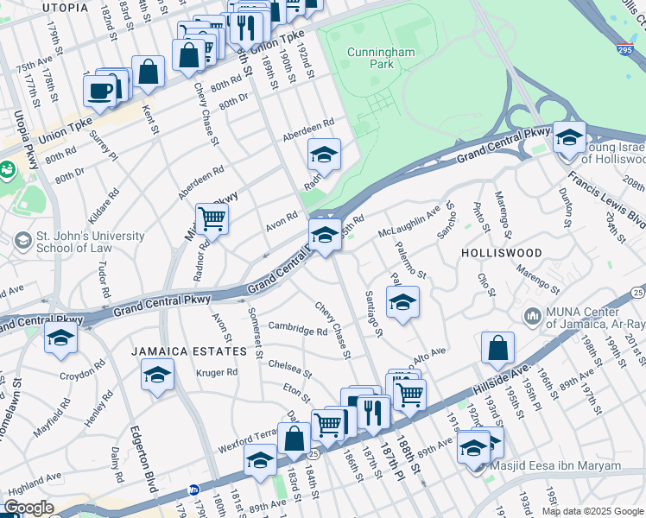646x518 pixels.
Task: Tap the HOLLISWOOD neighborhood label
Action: point(501,253)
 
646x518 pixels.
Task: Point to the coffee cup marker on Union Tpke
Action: point(100,91)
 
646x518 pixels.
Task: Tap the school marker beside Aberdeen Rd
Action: point(325,155)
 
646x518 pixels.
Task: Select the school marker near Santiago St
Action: point(402,303)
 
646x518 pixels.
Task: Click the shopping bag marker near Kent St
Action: point(149,72)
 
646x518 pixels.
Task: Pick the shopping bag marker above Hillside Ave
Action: point(498,348)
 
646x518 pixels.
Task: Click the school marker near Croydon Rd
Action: point(60,338)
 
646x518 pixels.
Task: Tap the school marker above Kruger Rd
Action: point(157,374)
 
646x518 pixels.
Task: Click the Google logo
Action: point(28,508)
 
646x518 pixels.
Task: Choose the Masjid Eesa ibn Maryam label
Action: point(567,466)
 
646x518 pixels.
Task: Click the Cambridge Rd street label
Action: point(297,329)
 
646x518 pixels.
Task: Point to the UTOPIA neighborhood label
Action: point(64,7)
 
